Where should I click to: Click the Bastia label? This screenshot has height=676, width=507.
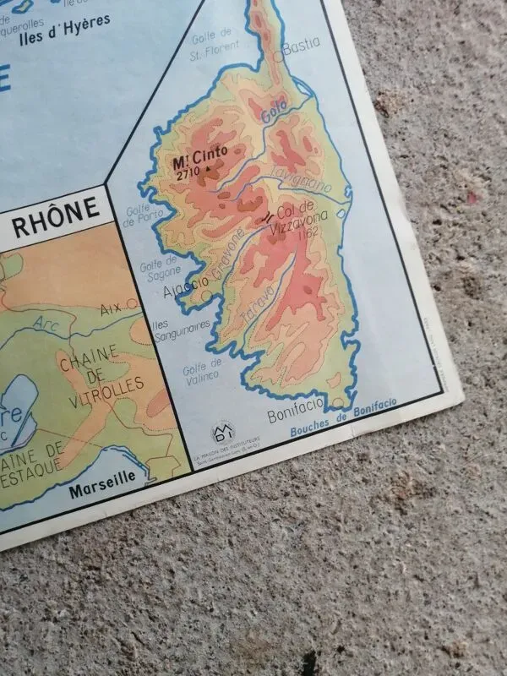(302, 47)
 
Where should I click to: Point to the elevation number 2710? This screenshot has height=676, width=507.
(188, 172)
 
